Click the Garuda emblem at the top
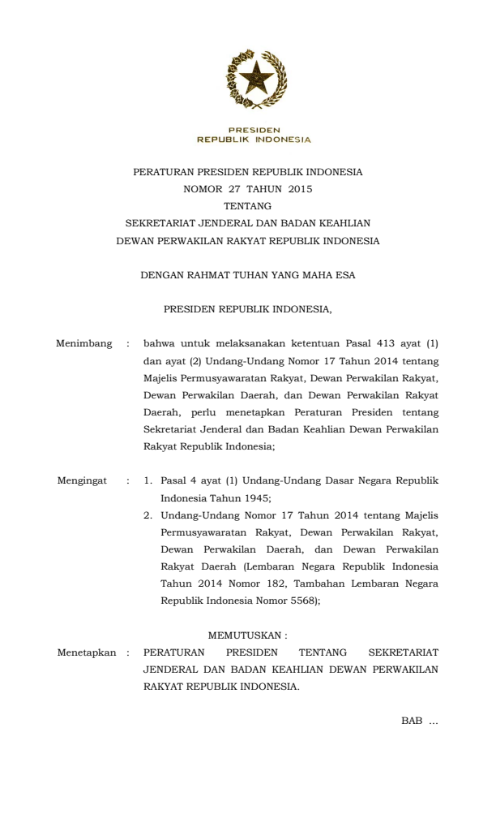tap(254, 81)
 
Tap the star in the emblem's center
tap(254, 80)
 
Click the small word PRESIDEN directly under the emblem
tap(254, 130)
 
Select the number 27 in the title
tap(235, 189)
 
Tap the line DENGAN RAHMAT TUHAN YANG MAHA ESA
tap(248, 275)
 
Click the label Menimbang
tap(83, 344)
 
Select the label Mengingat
tap(82, 480)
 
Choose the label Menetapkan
tap(87, 652)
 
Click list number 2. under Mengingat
tap(148, 514)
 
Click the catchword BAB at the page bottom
tap(411, 721)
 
